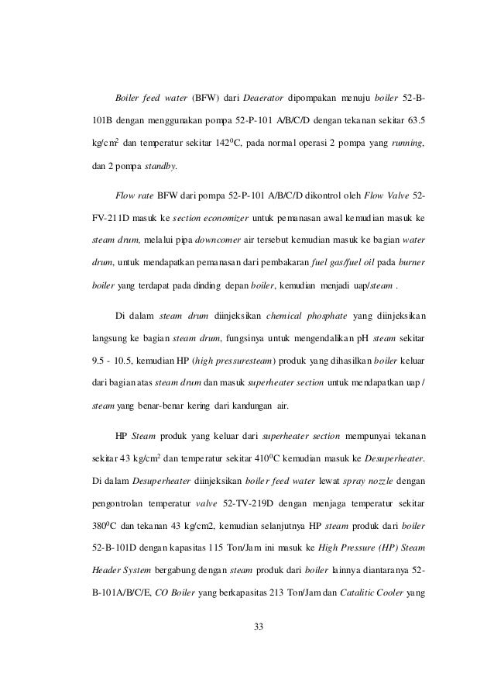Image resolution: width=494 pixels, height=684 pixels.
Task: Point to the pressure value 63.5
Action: click(x=414, y=122)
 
